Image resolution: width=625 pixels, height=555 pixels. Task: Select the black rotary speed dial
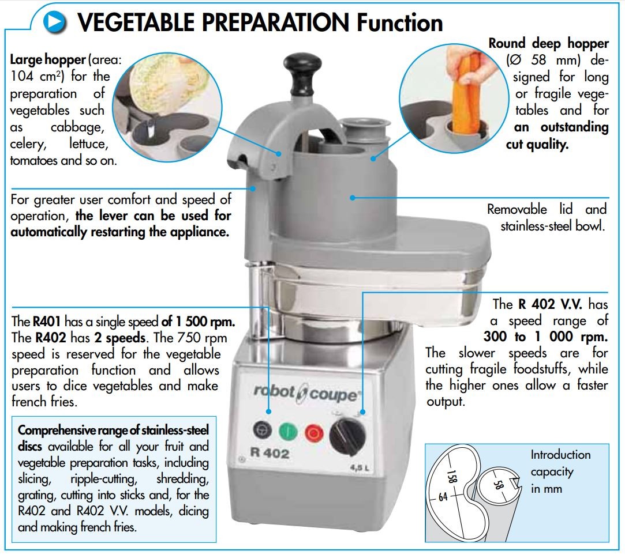[347, 436]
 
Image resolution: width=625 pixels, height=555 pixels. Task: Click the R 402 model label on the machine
[270, 453]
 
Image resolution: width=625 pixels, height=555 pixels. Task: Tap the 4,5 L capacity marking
[360, 467]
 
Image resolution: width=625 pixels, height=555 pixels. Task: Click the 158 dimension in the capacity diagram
[451, 476]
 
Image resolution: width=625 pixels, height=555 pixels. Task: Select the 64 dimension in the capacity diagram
[443, 497]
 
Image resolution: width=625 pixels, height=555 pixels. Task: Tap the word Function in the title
[399, 22]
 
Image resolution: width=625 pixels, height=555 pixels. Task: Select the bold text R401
[47, 321]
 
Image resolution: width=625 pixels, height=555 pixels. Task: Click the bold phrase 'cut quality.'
[537, 144]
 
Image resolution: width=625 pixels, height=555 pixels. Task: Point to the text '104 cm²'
[37, 76]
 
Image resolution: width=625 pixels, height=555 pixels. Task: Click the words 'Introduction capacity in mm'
[560, 471]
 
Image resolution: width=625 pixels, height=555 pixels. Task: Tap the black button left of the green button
[263, 430]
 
